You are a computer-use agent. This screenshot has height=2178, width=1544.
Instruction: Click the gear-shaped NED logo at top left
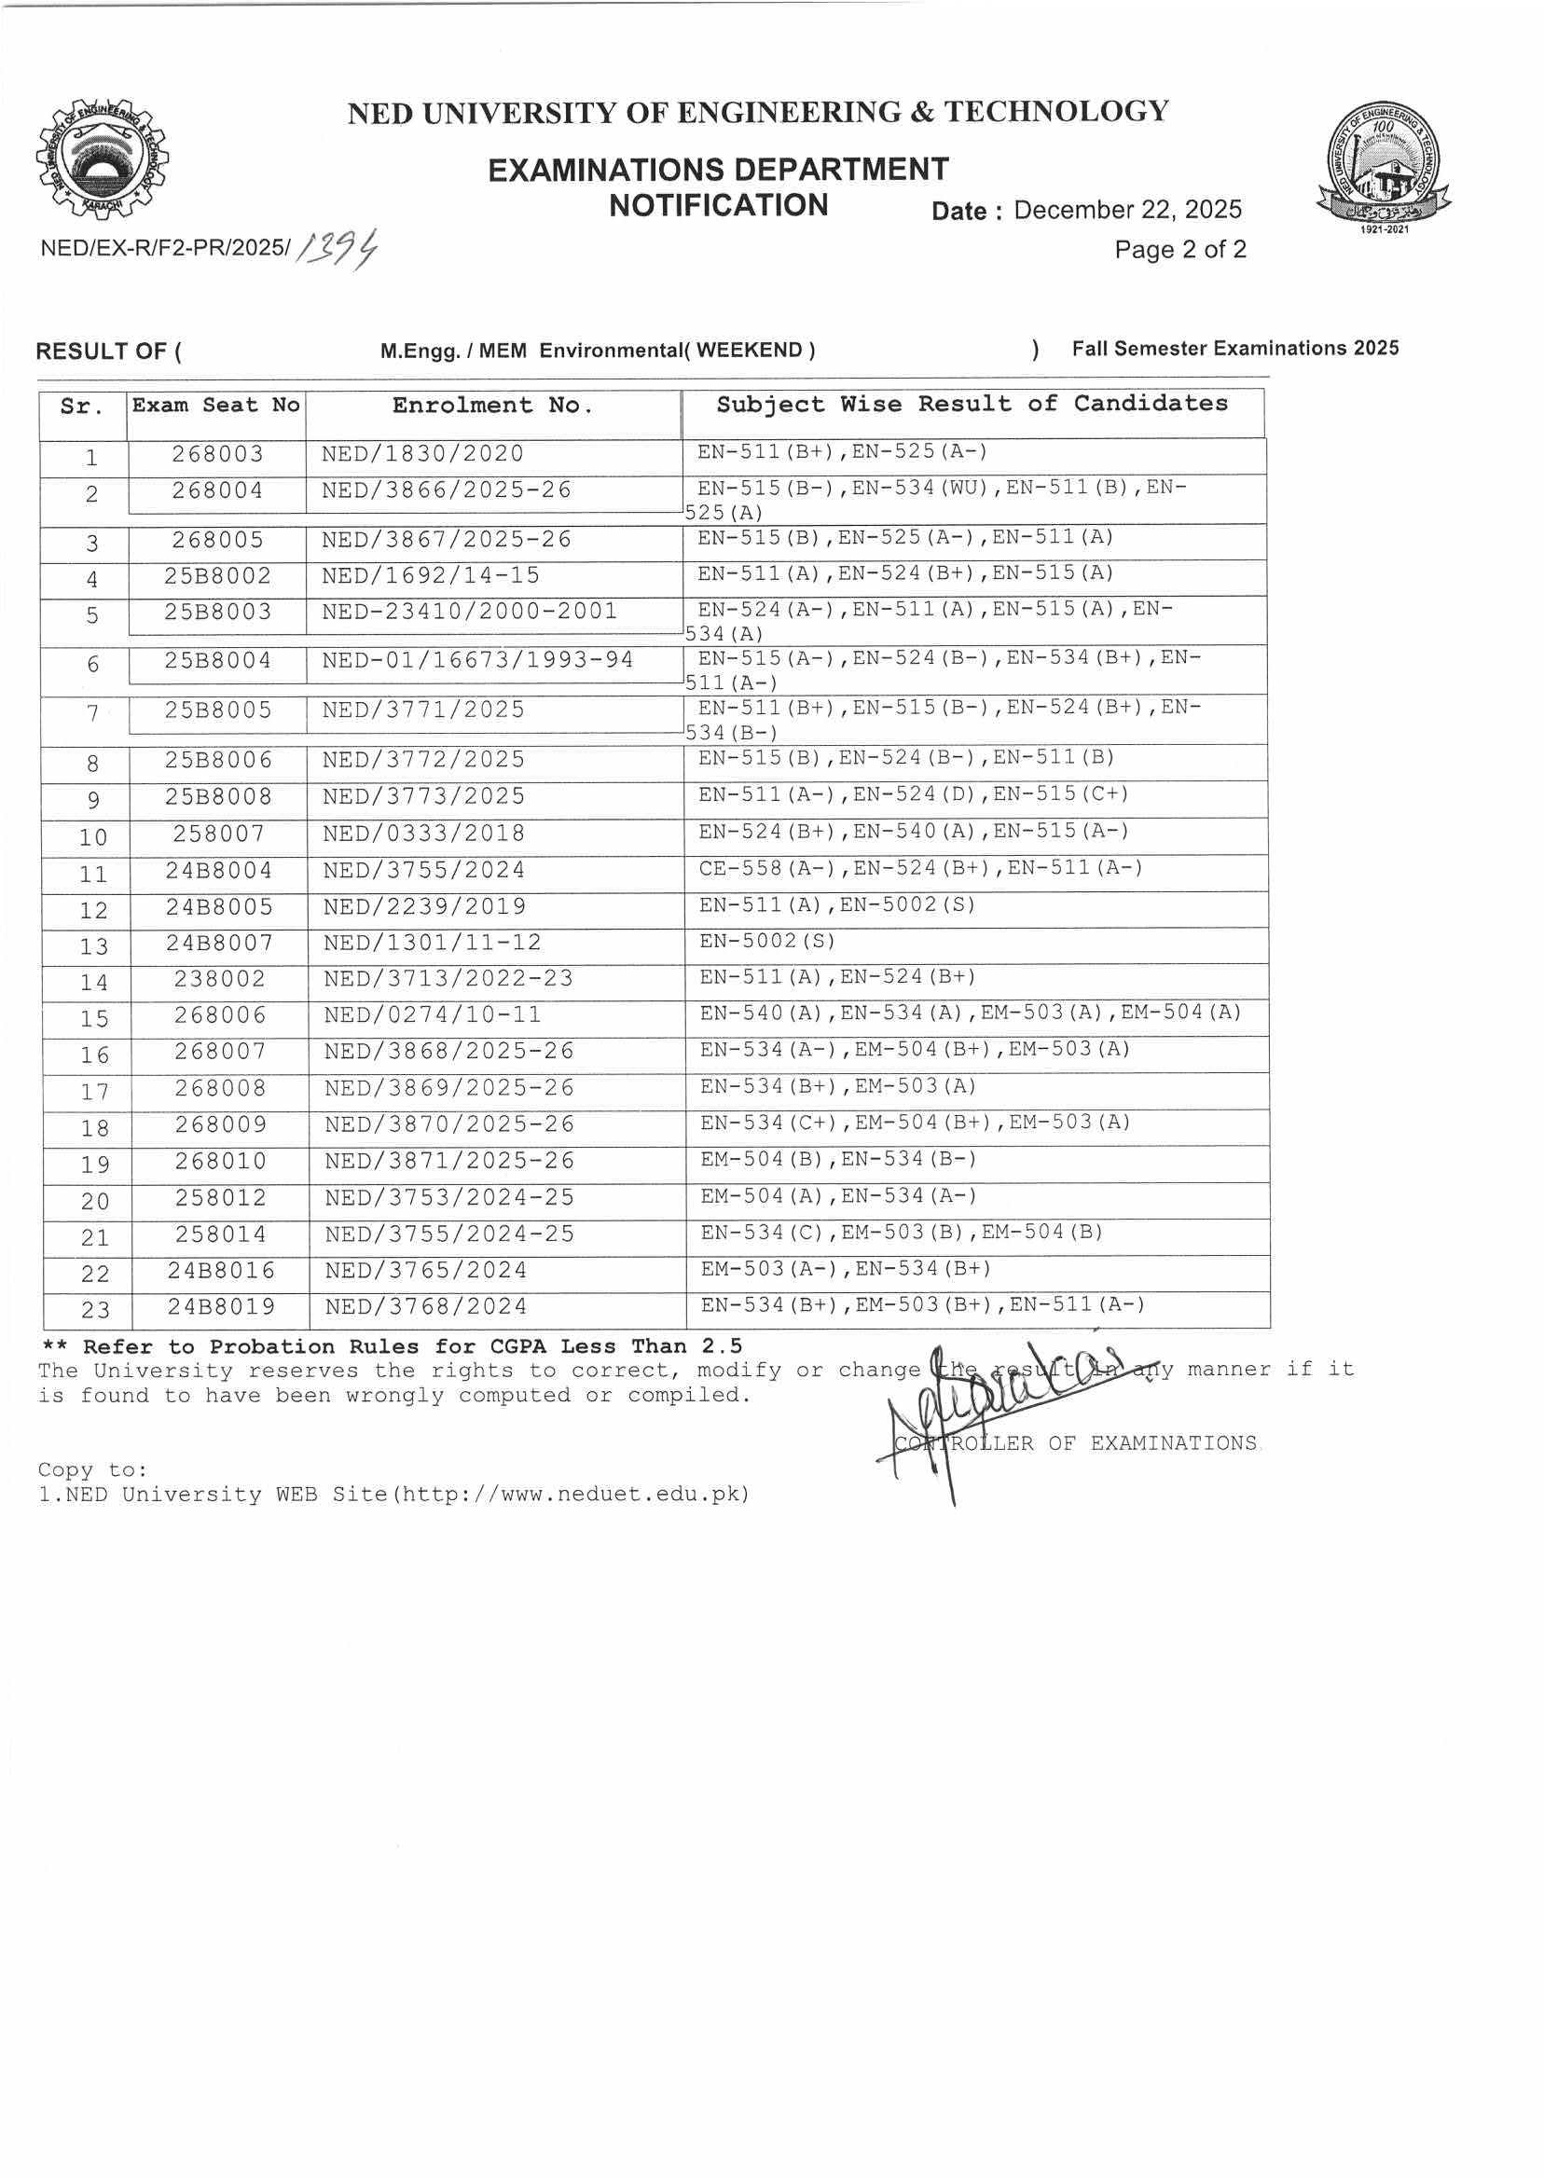(102, 159)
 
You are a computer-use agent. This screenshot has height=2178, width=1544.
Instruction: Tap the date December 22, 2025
(1126, 210)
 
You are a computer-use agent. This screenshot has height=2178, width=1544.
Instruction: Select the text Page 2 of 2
(1179, 250)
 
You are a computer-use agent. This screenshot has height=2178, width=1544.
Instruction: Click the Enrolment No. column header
(492, 406)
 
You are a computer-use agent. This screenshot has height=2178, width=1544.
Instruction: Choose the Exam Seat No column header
(215, 406)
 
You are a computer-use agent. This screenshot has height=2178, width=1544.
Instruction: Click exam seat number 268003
(218, 454)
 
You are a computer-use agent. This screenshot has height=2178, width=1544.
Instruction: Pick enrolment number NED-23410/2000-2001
(470, 612)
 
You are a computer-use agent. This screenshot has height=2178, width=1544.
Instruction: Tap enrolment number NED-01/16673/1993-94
(477, 661)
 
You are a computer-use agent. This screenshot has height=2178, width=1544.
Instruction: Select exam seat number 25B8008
(218, 796)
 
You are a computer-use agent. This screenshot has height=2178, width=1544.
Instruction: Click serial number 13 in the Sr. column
(93, 947)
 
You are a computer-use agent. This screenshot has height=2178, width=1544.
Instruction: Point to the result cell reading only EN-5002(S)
(767, 941)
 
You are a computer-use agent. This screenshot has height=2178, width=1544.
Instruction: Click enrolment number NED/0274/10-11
(433, 1015)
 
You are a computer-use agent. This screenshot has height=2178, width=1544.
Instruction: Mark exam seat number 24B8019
(221, 1307)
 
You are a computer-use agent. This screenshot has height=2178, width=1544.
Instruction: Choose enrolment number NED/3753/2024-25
(448, 1198)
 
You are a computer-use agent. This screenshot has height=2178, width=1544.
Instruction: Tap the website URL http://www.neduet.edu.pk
(571, 1495)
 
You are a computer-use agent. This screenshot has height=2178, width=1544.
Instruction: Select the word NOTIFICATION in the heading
(719, 205)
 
